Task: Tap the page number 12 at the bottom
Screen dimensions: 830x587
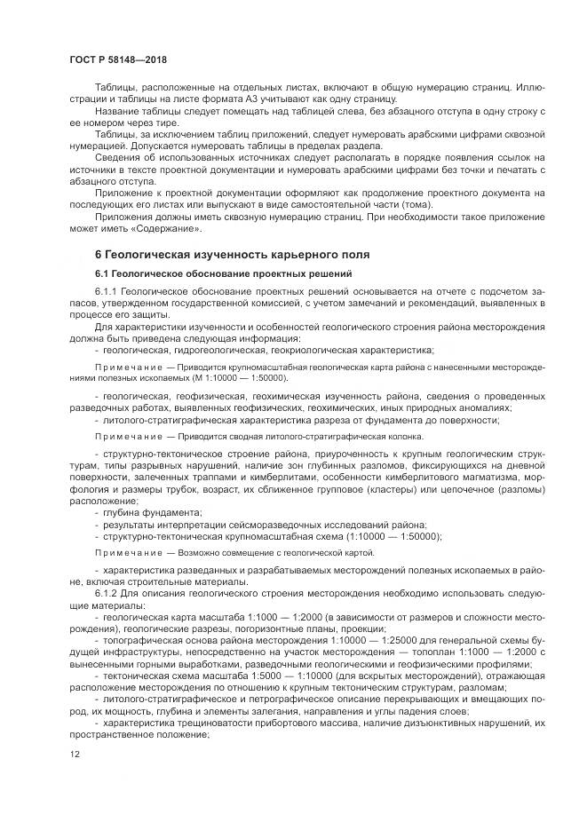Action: [x=75, y=755]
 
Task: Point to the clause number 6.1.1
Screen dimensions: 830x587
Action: [x=106, y=290]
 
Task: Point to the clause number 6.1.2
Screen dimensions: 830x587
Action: [x=106, y=593]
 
